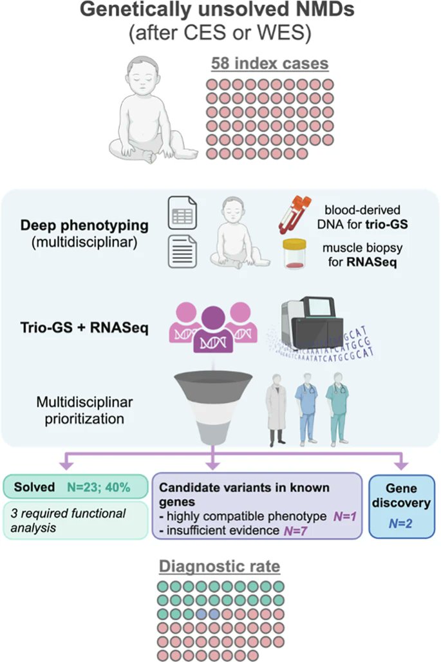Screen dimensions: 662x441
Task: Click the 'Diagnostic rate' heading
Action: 220,568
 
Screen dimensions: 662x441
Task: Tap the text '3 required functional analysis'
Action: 73,520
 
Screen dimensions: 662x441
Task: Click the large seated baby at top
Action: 153,111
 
